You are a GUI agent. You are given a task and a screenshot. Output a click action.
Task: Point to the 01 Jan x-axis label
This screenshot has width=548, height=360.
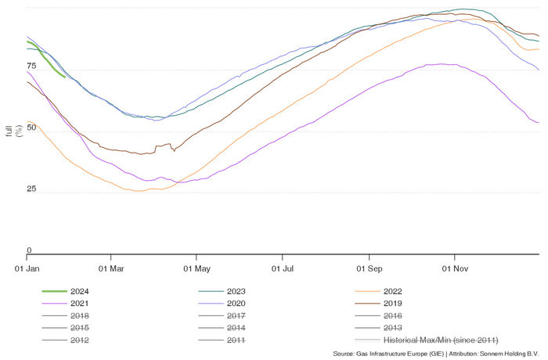(27, 268)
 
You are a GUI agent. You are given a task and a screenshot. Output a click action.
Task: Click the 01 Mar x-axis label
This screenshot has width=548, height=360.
(112, 268)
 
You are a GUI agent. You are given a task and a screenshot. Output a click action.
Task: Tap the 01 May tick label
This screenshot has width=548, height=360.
(197, 268)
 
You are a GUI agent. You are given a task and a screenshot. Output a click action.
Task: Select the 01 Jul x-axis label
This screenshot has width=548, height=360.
(283, 268)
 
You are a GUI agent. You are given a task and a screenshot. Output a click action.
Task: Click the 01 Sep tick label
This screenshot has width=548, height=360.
(369, 268)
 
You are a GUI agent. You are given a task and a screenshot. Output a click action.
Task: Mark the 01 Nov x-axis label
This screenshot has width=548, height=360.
(455, 268)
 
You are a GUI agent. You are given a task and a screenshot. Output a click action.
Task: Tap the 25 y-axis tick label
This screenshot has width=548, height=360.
(32, 189)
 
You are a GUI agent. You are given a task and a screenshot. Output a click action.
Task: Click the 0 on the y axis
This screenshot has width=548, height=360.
(30, 250)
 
